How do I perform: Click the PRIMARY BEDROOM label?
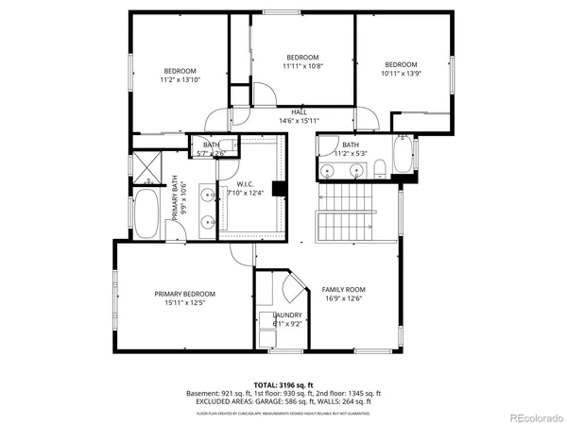click(185, 294)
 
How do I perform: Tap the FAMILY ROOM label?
click(343, 289)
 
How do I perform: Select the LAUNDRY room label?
click(287, 315)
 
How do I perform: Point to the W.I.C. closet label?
click(246, 184)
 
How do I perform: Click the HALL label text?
click(299, 112)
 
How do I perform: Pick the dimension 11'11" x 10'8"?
click(302, 66)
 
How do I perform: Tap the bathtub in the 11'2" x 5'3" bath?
click(404, 156)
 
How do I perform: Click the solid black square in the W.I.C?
click(279, 189)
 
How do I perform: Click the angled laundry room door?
click(294, 284)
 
